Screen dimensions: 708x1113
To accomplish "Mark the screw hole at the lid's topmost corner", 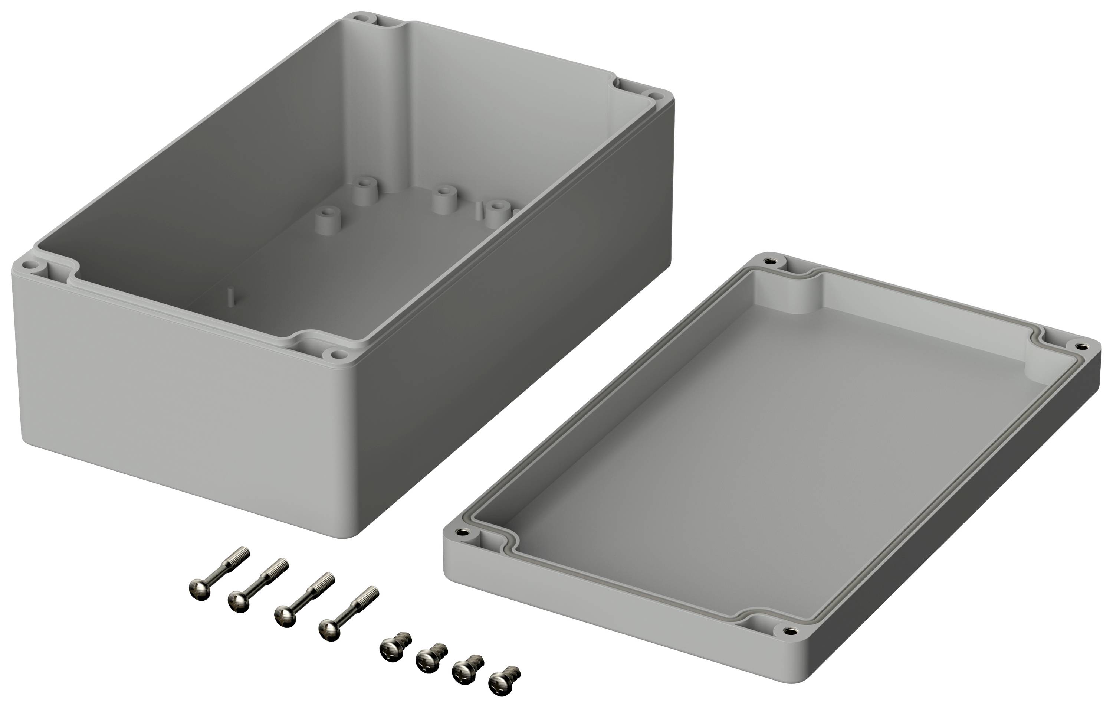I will coord(768,261).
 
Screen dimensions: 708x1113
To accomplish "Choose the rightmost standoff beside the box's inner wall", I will coord(496,211).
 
